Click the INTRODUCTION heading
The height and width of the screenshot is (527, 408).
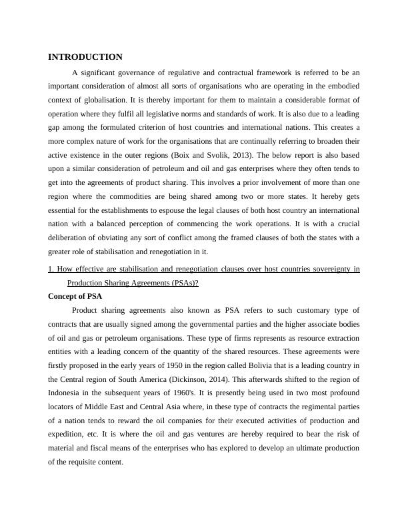(85, 57)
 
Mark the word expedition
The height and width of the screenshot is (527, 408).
(68, 435)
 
